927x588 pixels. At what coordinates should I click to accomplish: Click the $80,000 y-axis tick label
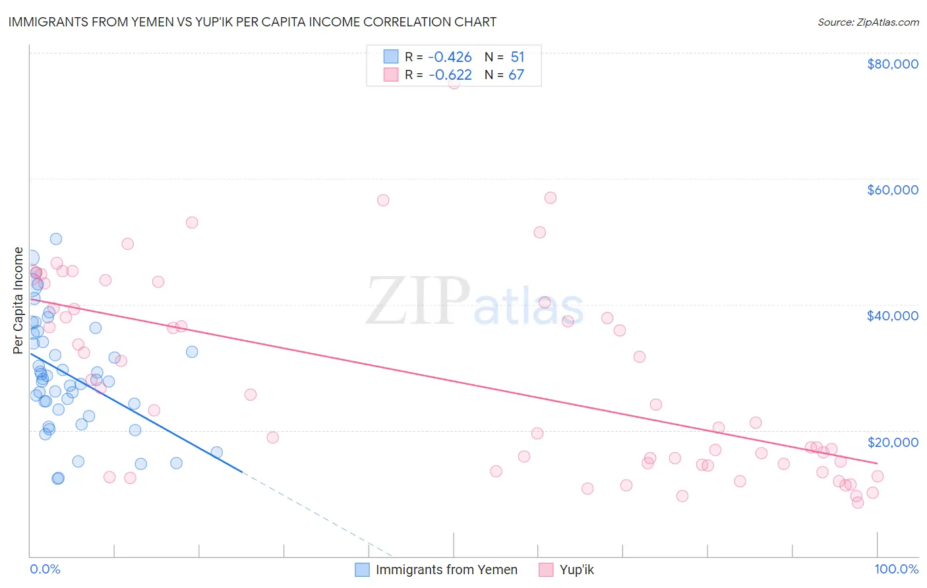[892, 64]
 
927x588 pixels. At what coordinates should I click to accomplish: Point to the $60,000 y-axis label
[892, 190]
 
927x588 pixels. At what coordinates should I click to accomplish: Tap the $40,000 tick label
[892, 316]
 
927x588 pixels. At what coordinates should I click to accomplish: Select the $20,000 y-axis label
[892, 442]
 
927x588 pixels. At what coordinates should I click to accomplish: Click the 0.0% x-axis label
[45, 569]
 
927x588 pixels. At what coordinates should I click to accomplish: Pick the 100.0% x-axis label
[896, 569]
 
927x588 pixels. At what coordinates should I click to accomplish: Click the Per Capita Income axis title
[18, 301]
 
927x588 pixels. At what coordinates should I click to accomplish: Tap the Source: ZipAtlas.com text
[868, 22]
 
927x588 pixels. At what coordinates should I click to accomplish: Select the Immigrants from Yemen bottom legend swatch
[362, 570]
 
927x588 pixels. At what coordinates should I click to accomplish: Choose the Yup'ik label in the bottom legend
[576, 570]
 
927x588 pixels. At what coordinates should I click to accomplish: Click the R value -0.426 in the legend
[450, 57]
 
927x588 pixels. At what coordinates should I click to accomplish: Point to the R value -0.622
[450, 75]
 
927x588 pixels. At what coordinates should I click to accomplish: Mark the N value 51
[517, 57]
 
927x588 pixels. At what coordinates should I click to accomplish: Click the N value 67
[516, 75]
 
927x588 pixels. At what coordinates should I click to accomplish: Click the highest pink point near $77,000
[454, 83]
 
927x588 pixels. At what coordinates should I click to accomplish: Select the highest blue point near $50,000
[56, 239]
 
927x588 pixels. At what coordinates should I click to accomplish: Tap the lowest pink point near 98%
[858, 503]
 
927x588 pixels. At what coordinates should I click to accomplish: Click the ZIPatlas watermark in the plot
[475, 301]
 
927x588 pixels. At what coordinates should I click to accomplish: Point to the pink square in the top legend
[391, 74]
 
